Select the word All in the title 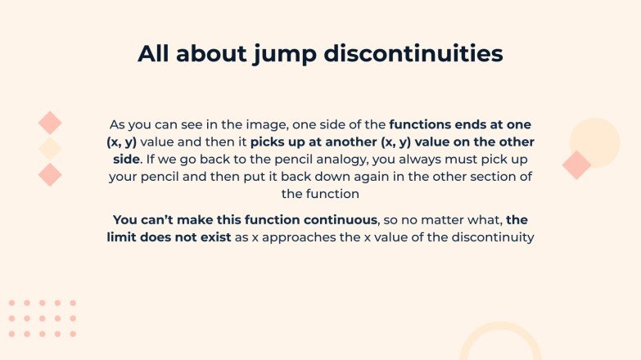156,54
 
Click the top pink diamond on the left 50,123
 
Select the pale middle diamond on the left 50,148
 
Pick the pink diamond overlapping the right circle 576,164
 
